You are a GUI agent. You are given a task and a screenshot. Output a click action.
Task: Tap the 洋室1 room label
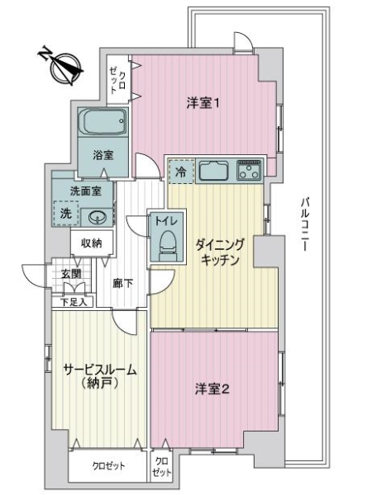203,103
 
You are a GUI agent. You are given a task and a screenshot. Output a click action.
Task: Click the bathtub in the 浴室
103,125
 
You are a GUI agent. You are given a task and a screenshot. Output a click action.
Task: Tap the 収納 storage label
91,243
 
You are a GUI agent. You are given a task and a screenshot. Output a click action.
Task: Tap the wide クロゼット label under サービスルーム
107,465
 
